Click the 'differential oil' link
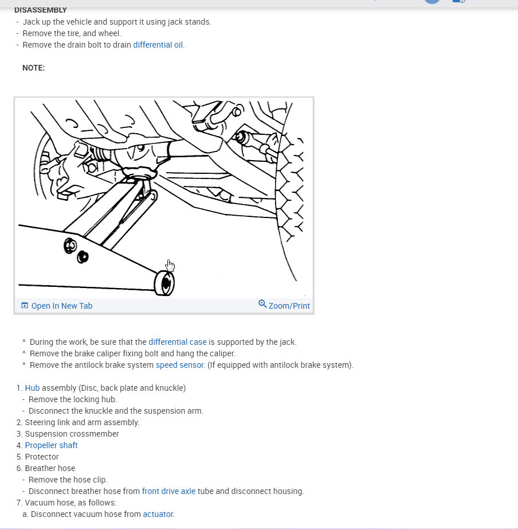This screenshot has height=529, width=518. click(x=158, y=45)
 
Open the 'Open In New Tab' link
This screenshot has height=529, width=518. click(x=61, y=306)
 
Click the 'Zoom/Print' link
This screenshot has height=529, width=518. click(x=289, y=306)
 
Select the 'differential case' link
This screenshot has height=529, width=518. click(x=177, y=342)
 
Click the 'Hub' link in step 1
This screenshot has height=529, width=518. click(x=32, y=388)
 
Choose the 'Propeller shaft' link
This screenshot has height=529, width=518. click(x=51, y=445)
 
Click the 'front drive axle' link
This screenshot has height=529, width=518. click(x=168, y=491)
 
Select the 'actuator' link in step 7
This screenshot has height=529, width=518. click(x=158, y=514)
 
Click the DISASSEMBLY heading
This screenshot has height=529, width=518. click(x=41, y=10)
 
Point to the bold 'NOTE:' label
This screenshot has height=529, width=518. click(x=33, y=68)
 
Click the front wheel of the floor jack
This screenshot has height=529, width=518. click(x=165, y=283)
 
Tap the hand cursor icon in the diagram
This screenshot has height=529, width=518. click(x=170, y=266)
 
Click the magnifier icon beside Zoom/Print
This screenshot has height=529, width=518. click(x=262, y=304)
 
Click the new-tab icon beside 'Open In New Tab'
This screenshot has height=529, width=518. click(x=25, y=306)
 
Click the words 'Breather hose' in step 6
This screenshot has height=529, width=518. click(x=50, y=468)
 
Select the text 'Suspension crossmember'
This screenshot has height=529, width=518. click(x=72, y=434)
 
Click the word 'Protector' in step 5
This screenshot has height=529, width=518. click(x=42, y=457)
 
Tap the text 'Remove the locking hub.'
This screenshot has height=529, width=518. click(x=72, y=399)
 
